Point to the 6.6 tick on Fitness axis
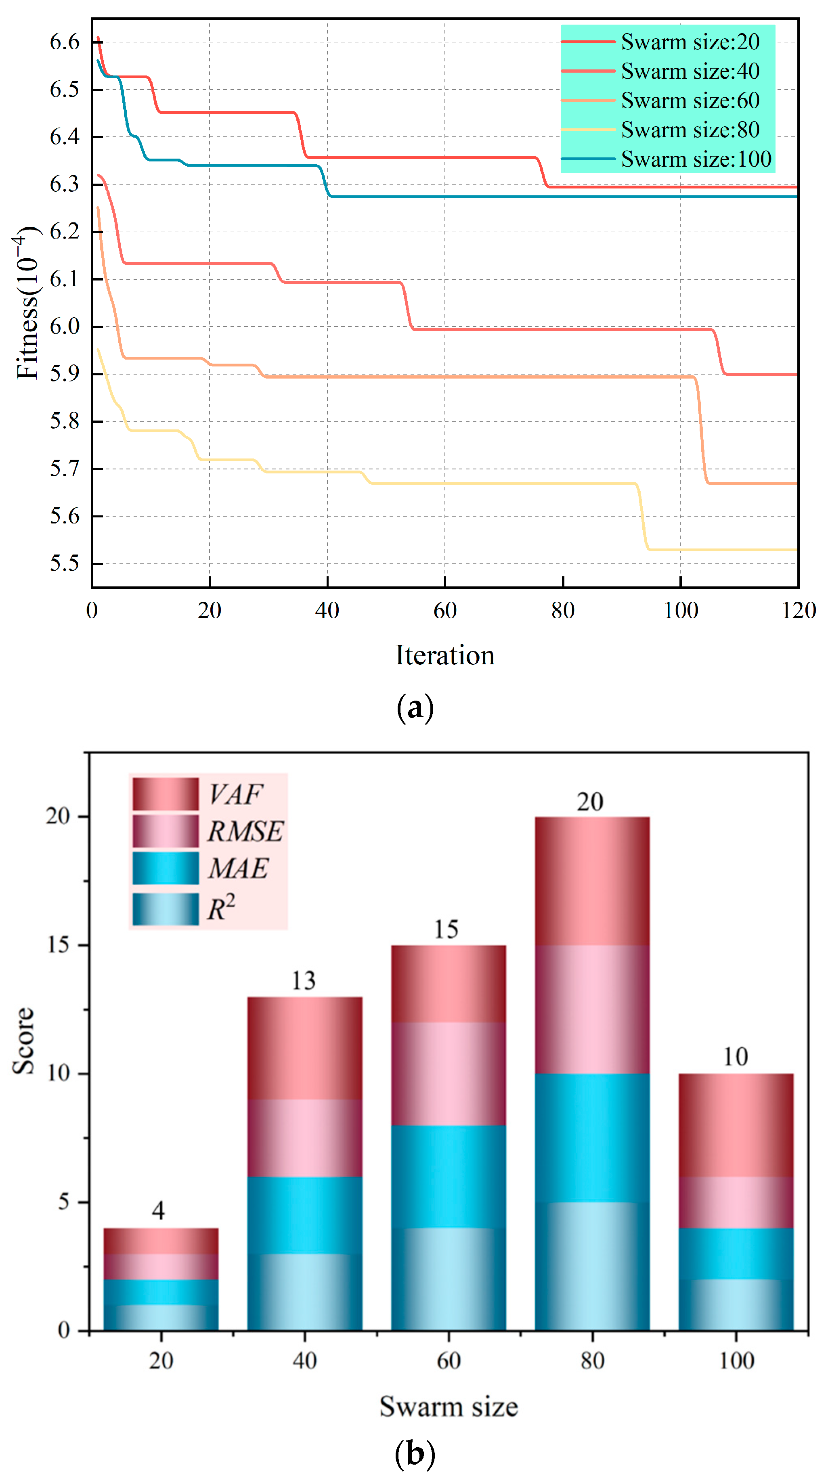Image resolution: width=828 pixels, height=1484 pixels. tap(65, 42)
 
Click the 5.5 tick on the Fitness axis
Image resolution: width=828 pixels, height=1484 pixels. tap(65, 563)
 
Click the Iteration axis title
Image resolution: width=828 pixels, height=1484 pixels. tap(444, 655)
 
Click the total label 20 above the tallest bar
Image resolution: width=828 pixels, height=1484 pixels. tap(590, 802)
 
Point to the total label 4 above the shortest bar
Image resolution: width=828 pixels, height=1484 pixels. tap(159, 1210)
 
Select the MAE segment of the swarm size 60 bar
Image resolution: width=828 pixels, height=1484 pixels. tap(448, 1176)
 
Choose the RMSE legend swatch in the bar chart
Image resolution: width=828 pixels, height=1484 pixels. tap(166, 831)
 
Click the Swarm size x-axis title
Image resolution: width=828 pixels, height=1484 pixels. tap(448, 1406)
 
